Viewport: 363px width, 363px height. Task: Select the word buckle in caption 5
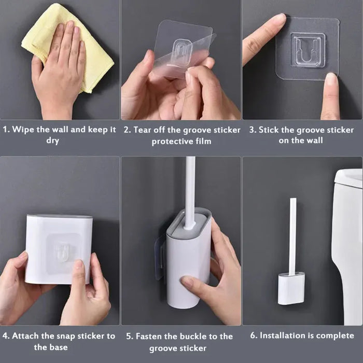tap(184, 337)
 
